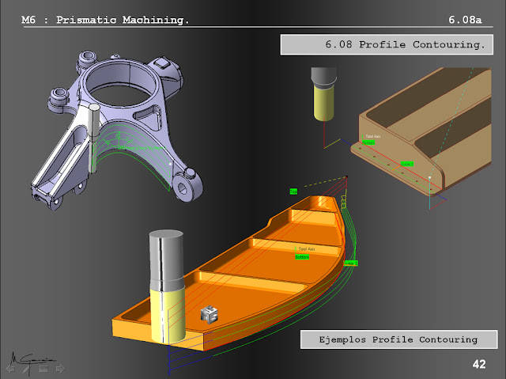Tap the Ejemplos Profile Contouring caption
[x=392, y=339]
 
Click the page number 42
[x=478, y=364]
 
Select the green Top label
[x=293, y=191]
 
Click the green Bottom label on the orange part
[x=302, y=256]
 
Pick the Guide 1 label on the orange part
[x=351, y=262]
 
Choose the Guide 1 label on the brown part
[x=406, y=164]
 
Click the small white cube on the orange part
[x=209, y=313]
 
